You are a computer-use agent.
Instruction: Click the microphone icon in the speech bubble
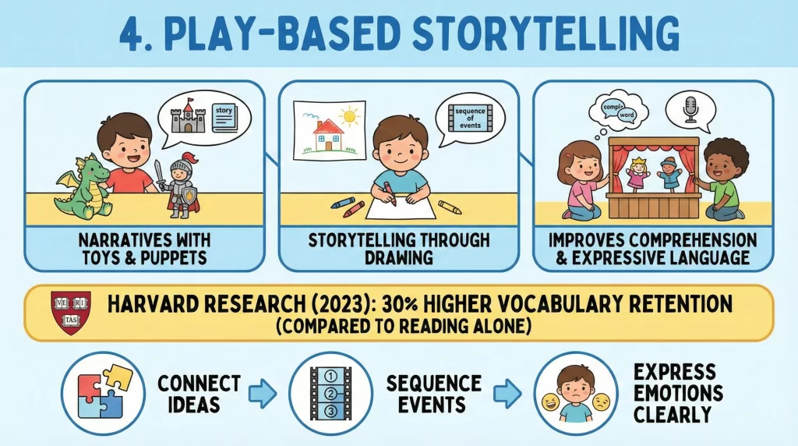click(x=690, y=110)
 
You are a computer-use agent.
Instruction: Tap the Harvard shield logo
click(x=70, y=310)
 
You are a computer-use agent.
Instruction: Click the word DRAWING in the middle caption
click(x=398, y=255)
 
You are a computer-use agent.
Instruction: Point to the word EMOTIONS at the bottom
click(x=678, y=391)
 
